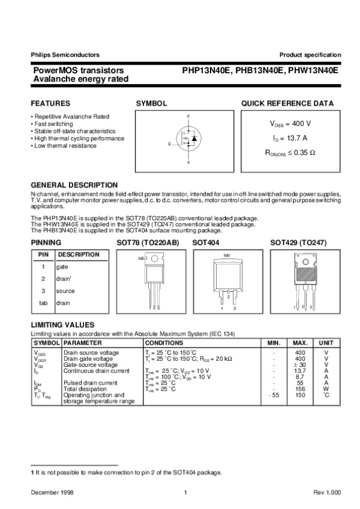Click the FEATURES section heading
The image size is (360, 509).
(x=50, y=103)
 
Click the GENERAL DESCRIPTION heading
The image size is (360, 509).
(x=74, y=185)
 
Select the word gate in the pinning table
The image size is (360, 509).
(x=62, y=267)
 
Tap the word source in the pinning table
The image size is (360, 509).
(x=65, y=291)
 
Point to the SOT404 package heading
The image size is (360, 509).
(x=206, y=242)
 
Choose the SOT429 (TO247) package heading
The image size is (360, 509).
(x=298, y=242)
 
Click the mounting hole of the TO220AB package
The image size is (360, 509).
(x=155, y=259)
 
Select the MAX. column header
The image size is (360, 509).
(x=300, y=342)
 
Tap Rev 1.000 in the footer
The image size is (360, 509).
(x=327, y=492)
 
